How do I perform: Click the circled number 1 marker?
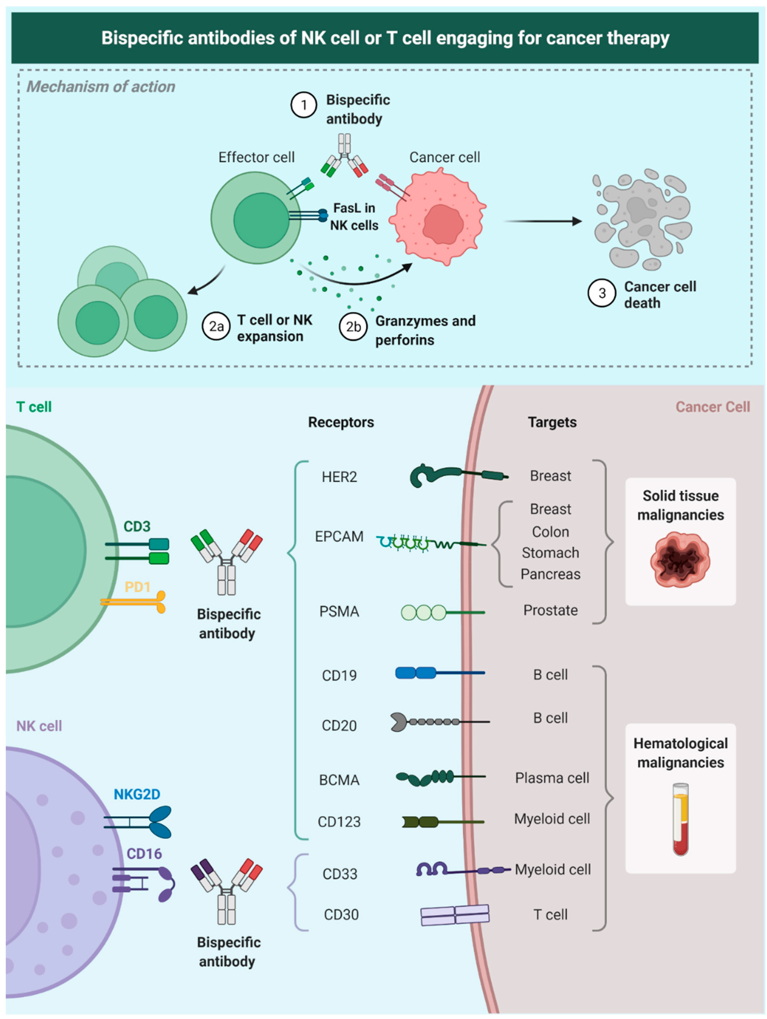[303, 105]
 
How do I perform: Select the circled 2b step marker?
[353, 327]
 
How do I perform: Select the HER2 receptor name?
[339, 477]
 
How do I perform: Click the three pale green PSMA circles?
[424, 612]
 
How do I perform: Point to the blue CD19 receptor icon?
[415, 673]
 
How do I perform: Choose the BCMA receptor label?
[339, 780]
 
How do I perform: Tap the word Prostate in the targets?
[550, 610]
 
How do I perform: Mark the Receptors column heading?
[341, 422]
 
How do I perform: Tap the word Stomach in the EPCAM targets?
[550, 553]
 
